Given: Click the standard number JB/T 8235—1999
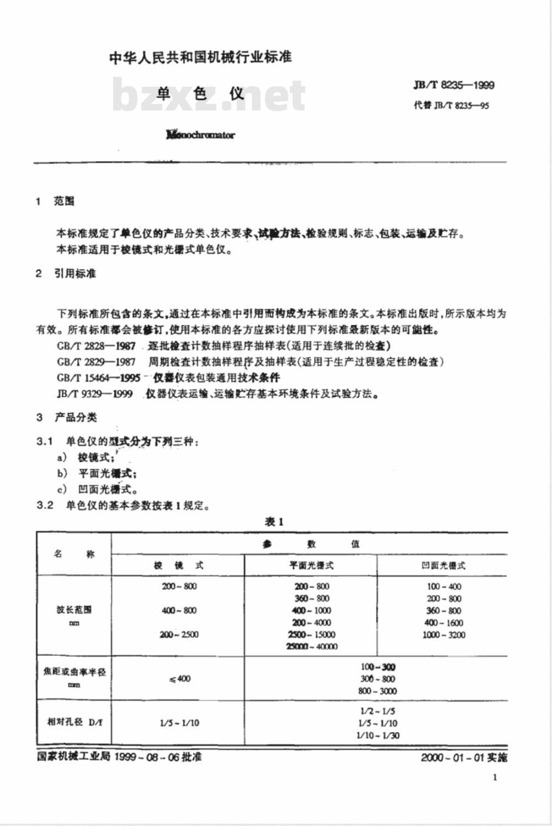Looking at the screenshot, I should click(454, 85).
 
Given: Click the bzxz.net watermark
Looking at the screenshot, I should click(209, 96).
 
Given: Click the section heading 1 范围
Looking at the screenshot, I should click(55, 201).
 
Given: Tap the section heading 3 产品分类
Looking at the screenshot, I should click(67, 417).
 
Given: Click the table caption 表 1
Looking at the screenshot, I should click(274, 522).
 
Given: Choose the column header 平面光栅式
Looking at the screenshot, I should click(311, 565).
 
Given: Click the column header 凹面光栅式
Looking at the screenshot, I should click(443, 565).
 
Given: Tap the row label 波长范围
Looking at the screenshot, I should click(74, 610).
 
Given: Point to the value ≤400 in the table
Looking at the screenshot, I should click(179, 678).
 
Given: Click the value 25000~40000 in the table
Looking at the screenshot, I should click(312, 646).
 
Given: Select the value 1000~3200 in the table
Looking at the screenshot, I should click(444, 635).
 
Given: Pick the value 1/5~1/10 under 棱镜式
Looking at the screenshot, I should click(179, 723).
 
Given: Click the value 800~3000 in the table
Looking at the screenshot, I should click(378, 691).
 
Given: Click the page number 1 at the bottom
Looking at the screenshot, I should click(495, 777).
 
